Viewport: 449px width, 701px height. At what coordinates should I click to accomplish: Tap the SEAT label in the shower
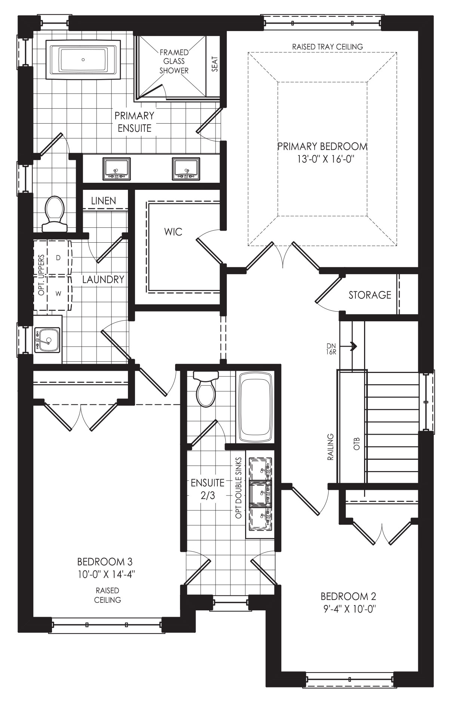[215, 64]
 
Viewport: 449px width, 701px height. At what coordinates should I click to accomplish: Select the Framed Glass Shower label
[174, 61]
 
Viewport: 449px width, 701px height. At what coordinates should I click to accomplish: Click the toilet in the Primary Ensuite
[55, 214]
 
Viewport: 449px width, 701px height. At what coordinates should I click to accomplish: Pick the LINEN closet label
[104, 201]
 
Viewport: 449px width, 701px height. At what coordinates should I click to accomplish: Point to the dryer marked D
[58, 258]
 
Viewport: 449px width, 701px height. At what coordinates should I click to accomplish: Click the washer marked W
[58, 294]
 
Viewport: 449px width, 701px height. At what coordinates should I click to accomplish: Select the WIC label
[173, 232]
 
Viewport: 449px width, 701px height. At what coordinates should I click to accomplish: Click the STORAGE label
[370, 295]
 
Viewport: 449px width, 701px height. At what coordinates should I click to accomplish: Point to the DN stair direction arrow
[352, 346]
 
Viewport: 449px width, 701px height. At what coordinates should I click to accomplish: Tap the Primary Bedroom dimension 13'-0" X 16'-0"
[323, 158]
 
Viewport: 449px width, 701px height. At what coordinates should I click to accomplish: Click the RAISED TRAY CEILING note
[327, 47]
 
